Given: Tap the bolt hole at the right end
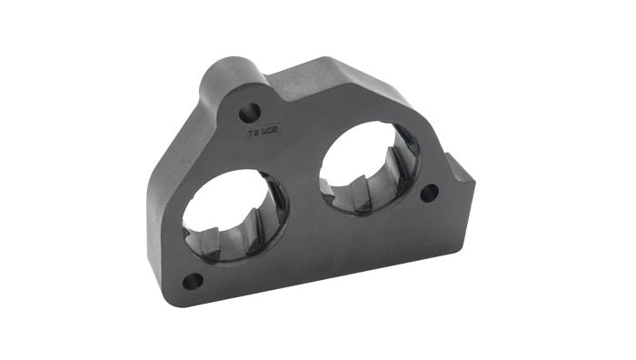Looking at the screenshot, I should [428, 193].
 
